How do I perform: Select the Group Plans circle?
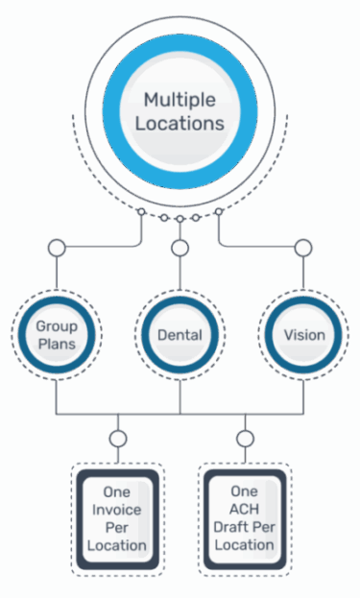point(57,335)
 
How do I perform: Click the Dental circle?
point(180,335)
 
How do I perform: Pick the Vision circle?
point(303,335)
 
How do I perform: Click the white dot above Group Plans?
point(57,249)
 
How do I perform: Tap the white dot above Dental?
point(180,249)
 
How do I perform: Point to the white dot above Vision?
point(303,249)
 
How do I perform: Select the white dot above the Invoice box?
point(118,439)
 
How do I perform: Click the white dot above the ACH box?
point(245,439)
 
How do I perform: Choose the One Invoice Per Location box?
point(118,518)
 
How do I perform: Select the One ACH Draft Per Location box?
point(245,518)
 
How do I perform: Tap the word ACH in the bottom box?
point(245,510)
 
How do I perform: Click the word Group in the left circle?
point(57,326)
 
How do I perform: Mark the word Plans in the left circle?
point(57,344)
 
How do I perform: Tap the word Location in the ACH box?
point(245,545)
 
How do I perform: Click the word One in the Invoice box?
point(117,491)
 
